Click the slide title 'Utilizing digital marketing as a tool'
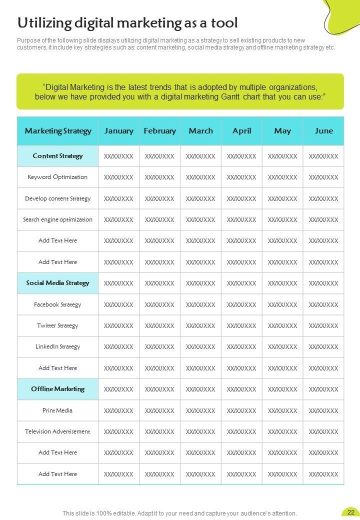click(127, 23)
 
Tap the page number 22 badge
click(350, 512)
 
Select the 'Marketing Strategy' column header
click(58, 131)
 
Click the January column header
click(119, 131)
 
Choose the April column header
click(242, 131)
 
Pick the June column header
click(324, 131)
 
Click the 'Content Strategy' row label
click(58, 156)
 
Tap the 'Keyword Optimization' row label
click(57, 177)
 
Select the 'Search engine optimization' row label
click(58, 219)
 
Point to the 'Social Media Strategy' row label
click(58, 283)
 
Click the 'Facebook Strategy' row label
click(57, 304)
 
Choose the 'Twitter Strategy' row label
click(57, 325)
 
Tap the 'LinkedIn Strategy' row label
click(58, 346)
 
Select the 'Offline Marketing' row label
click(58, 389)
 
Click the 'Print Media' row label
click(57, 410)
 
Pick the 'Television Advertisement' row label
click(58, 431)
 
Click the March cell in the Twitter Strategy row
click(200, 326)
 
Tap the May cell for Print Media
click(282, 411)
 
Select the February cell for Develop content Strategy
click(159, 199)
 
